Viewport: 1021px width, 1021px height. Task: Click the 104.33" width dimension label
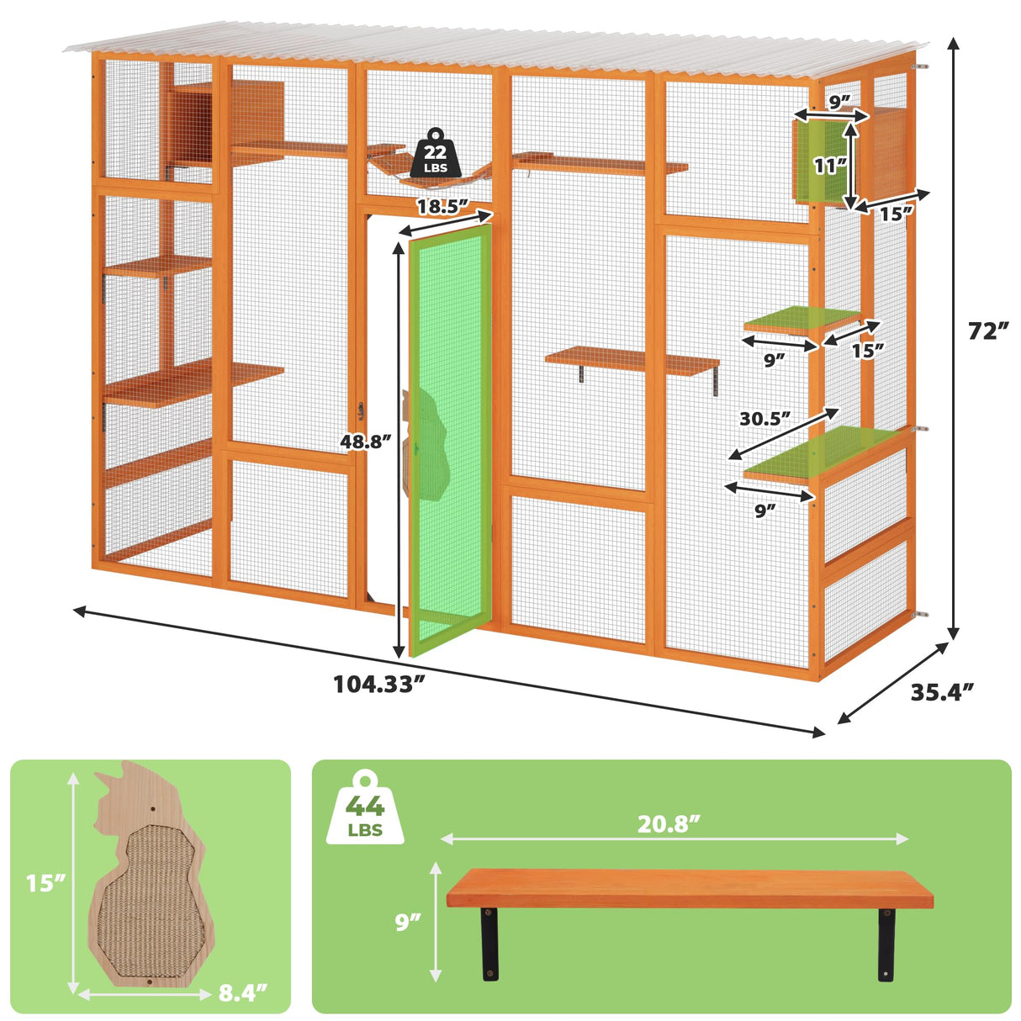point(375,684)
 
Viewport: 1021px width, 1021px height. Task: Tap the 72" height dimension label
point(987,331)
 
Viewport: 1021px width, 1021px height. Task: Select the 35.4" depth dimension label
point(942,691)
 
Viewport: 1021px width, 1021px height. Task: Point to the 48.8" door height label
point(367,441)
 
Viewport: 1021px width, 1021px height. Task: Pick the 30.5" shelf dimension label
point(765,418)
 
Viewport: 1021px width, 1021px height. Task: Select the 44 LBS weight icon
point(365,808)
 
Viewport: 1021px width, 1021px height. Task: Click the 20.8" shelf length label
point(669,824)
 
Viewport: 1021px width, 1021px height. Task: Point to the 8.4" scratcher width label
point(243,992)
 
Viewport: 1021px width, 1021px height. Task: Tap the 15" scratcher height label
point(45,883)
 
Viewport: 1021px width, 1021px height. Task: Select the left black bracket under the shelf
point(489,943)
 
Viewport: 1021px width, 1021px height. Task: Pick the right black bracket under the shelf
point(886,943)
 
